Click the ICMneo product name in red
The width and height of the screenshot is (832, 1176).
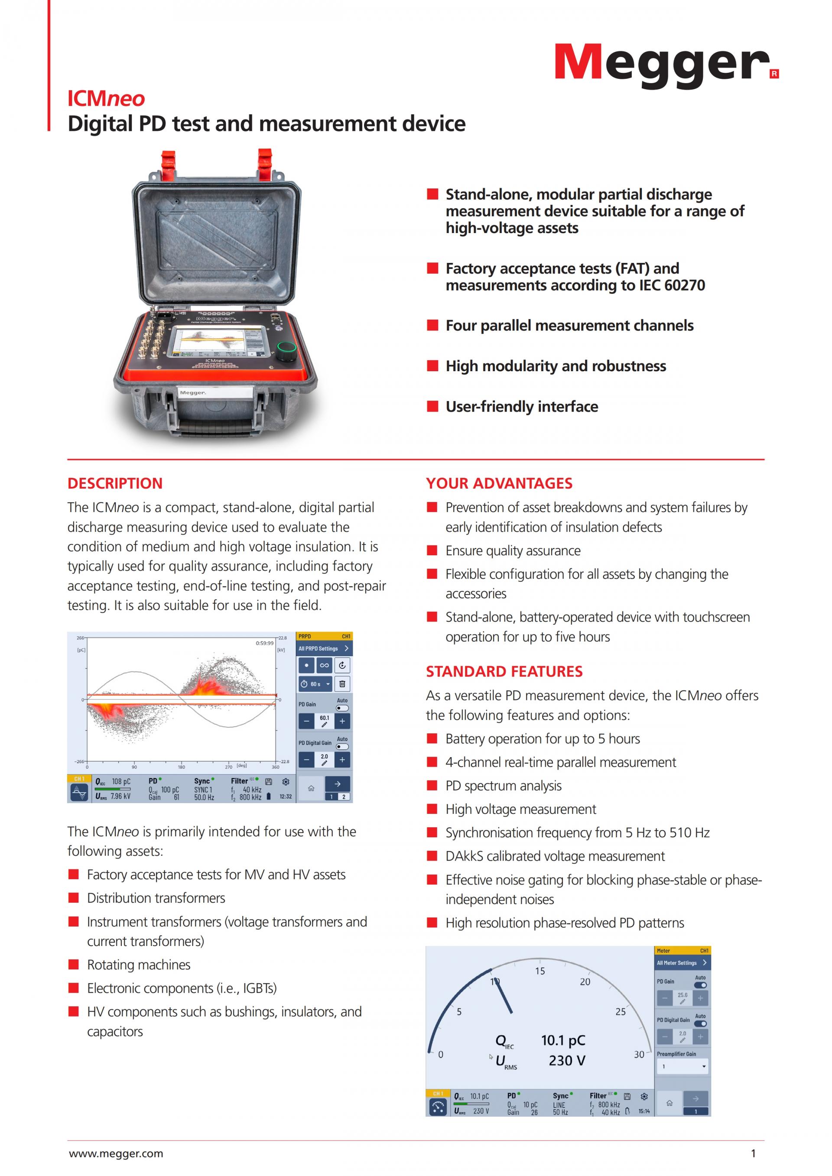(106, 98)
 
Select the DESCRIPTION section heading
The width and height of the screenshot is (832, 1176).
(115, 483)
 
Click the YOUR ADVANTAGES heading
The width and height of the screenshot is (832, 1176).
(499, 483)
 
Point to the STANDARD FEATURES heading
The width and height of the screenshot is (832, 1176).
(504, 671)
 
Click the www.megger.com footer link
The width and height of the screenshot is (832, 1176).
(116, 1153)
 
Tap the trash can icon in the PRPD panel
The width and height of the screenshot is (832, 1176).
(342, 684)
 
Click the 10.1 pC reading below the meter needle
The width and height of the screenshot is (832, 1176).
(563, 1040)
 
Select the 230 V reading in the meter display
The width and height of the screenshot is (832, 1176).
(567, 1060)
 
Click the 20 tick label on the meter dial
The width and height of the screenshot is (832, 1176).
(585, 982)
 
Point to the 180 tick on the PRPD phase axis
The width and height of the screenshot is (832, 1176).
(182, 767)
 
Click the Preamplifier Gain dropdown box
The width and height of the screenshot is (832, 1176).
(682, 1066)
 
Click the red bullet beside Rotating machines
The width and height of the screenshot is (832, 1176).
(74, 965)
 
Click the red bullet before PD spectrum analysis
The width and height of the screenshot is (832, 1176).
(432, 785)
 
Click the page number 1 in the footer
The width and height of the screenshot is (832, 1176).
(753, 1153)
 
